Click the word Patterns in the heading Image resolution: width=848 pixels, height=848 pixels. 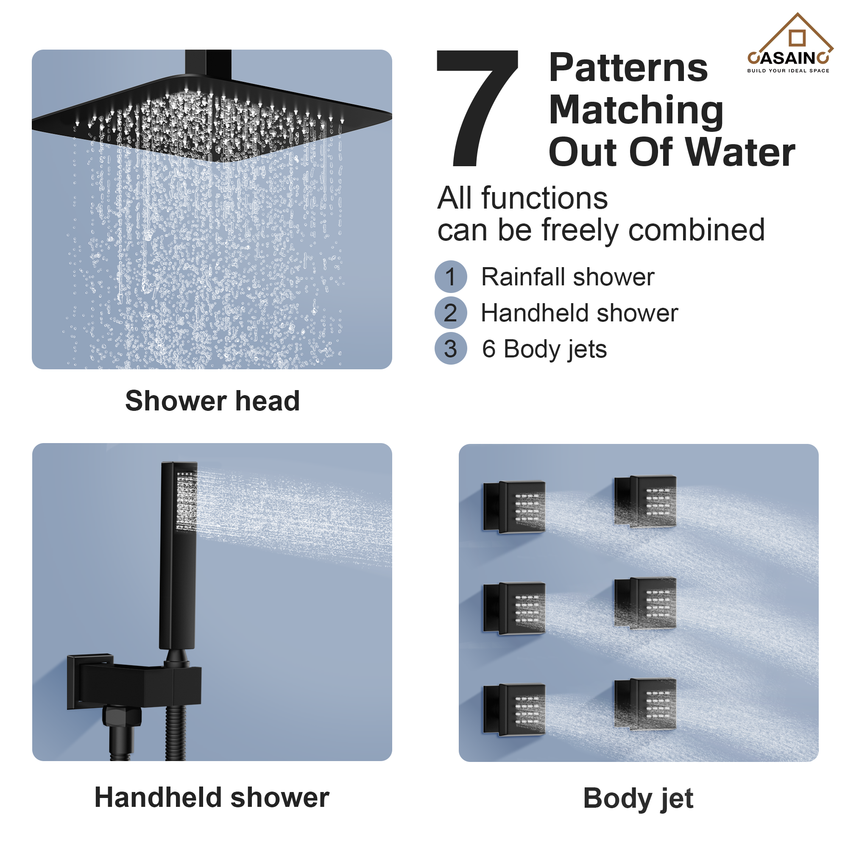tap(628, 68)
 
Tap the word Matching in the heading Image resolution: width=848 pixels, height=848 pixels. tap(636, 111)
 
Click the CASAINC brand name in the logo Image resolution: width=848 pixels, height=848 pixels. tap(788, 58)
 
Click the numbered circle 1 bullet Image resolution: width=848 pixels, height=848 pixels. tap(451, 276)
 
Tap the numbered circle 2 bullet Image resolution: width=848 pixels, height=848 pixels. tap(451, 313)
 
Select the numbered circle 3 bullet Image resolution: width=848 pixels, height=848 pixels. tap(451, 349)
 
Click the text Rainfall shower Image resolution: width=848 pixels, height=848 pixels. tap(568, 277)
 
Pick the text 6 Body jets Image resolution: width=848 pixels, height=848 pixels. tap(544, 349)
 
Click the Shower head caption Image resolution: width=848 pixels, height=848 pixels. tap(212, 401)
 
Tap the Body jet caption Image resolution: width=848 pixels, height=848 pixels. tap(638, 798)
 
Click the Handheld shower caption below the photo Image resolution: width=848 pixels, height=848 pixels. tap(212, 797)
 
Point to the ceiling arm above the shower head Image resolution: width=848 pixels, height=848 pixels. tap(208, 63)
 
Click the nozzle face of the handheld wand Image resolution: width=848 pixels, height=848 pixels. tap(186, 500)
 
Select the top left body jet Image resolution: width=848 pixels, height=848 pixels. tap(514, 507)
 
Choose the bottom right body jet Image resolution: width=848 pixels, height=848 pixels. tap(645, 704)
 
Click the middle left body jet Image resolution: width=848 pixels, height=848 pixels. tap(514, 608)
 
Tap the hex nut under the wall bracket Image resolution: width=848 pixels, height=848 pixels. tap(122, 716)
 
